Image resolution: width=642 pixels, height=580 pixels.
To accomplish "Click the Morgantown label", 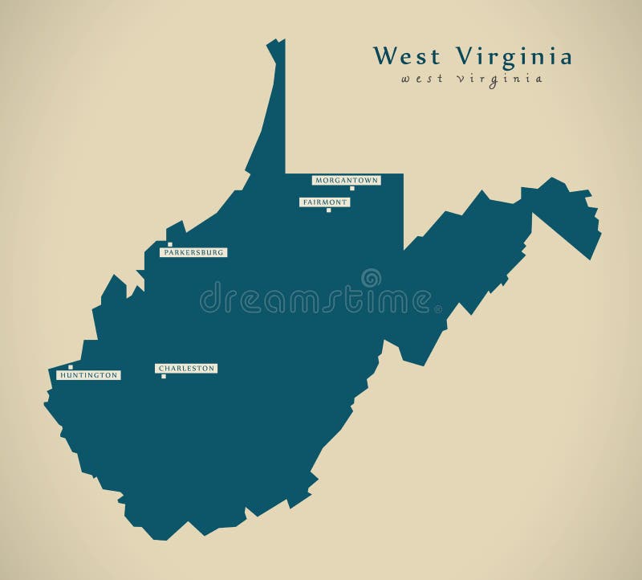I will tap(346, 180).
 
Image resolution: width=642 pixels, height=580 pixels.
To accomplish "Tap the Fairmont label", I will tap(325, 202).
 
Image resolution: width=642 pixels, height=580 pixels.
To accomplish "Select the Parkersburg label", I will tap(193, 252).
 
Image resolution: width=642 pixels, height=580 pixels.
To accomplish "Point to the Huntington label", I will tap(88, 374).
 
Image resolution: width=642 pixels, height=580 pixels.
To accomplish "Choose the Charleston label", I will tap(186, 368).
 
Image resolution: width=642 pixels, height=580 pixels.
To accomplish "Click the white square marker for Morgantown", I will tap(351, 188).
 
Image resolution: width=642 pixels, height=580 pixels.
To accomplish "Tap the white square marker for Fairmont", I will tap(328, 210).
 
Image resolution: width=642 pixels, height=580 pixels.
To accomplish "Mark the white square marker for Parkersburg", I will tap(169, 244).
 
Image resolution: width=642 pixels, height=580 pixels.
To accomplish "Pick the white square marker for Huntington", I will tap(71, 367).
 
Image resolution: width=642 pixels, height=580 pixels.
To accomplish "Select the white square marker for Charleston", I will tap(164, 376).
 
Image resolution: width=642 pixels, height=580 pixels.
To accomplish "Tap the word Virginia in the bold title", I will tap(514, 57).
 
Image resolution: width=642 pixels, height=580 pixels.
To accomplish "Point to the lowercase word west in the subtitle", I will tap(421, 79).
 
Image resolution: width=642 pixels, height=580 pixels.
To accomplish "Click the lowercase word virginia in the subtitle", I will tap(499, 79).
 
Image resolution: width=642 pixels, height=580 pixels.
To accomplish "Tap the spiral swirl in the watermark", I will tap(371, 278).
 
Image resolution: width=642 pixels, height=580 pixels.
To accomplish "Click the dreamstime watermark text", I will tap(317, 299).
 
